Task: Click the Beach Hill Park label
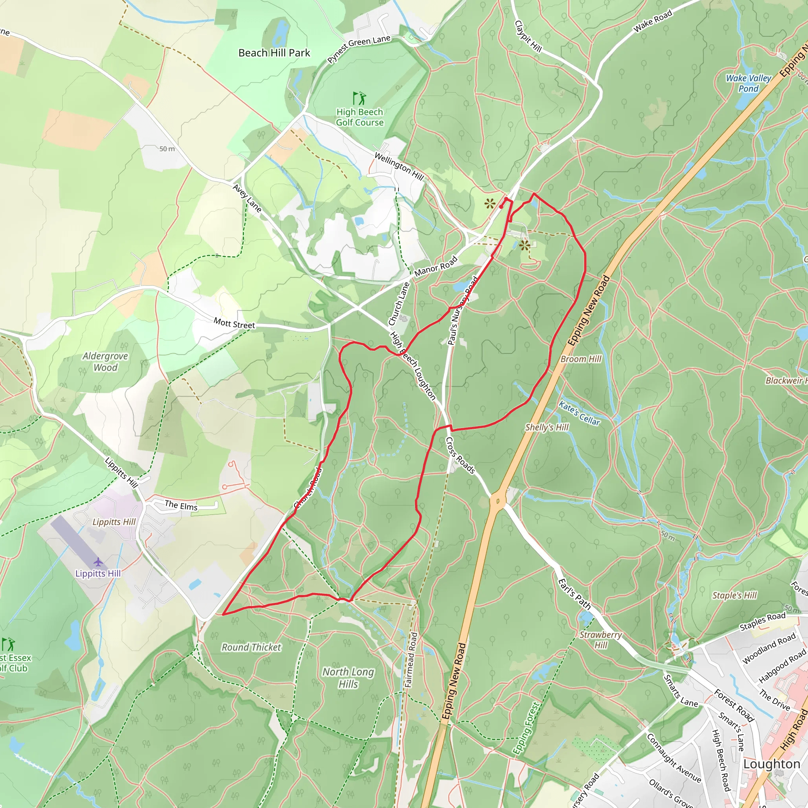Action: click(274, 53)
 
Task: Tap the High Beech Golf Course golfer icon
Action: click(359, 99)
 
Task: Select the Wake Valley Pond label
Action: click(748, 83)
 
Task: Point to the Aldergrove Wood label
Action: click(105, 362)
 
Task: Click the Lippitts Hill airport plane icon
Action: click(98, 562)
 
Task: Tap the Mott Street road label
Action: click(234, 323)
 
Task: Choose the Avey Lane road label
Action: click(247, 198)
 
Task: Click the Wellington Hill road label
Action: click(399, 166)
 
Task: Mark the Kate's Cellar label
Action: click(579, 413)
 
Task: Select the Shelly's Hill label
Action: click(546, 427)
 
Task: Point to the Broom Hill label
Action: click(580, 359)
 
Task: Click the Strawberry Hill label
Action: click(600, 640)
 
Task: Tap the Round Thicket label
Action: click(251, 647)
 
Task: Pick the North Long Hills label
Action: click(348, 677)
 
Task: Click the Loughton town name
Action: click(772, 764)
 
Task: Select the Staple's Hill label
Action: click(734, 595)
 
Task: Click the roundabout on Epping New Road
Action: click(498, 501)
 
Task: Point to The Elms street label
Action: click(181, 505)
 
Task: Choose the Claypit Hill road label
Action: click(528, 37)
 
